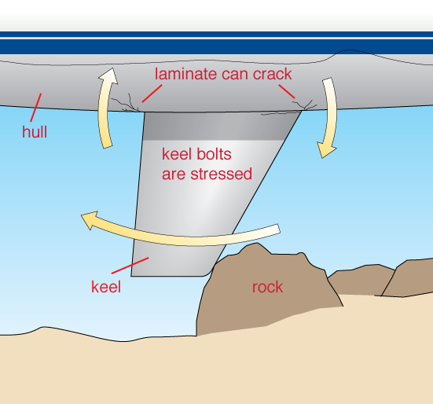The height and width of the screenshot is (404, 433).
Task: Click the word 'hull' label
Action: (35, 132)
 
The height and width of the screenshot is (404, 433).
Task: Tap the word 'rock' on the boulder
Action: (267, 287)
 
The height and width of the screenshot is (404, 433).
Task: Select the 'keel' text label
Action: (106, 287)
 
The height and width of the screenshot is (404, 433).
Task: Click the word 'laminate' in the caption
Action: (185, 74)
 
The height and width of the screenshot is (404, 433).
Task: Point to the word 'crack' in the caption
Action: (272, 74)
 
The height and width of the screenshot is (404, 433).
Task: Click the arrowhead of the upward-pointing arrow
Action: (108, 75)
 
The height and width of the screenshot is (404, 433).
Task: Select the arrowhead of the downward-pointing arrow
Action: (326, 150)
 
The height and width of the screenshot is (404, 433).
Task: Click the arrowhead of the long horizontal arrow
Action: (90, 220)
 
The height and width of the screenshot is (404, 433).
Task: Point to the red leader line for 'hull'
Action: (36, 108)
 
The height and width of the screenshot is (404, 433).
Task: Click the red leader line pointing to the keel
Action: (130, 266)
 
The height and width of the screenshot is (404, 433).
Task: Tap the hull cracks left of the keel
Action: (125, 104)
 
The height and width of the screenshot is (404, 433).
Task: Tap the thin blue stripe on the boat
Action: (217, 35)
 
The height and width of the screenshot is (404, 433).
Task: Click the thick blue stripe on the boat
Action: (217, 46)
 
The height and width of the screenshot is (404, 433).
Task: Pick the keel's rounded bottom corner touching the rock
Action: (208, 272)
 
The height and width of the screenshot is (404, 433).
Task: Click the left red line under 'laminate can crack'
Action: (152, 94)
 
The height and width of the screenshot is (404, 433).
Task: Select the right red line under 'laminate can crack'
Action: (287, 91)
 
